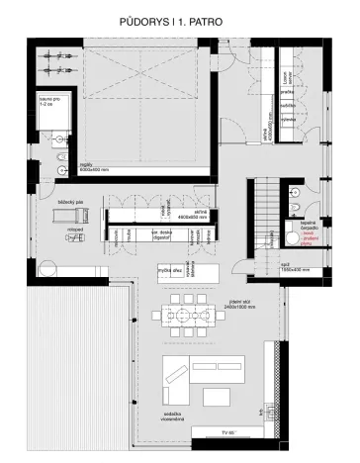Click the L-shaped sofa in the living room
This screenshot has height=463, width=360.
(176, 379)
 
